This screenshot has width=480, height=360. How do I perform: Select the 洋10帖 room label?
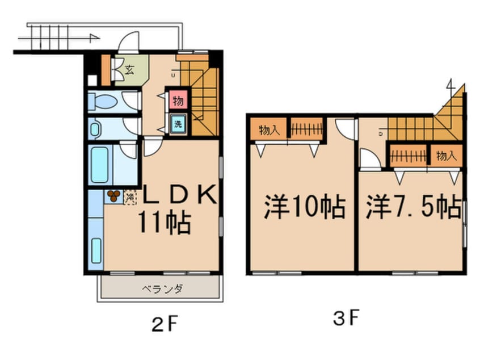(304, 207)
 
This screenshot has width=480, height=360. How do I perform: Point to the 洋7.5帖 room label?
(412, 207)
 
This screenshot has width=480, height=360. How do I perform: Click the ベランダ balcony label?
(162, 290)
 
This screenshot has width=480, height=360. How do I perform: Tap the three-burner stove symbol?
(113, 196)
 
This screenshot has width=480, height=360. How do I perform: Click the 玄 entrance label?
(129, 71)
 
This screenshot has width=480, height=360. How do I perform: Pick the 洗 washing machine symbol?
(178, 124)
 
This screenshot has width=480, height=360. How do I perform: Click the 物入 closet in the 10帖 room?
(269, 129)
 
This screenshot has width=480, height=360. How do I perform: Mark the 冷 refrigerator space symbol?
(130, 197)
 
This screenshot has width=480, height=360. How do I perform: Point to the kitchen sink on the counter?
(96, 250)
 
